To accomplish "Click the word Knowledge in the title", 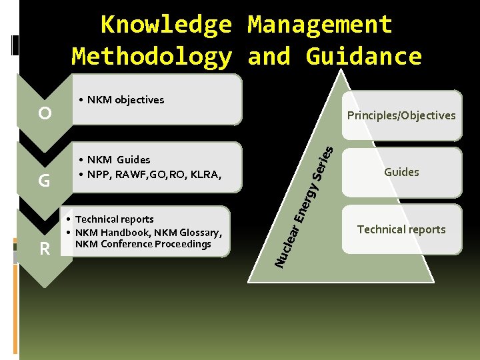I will point(166,25).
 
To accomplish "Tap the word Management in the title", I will point(320,25).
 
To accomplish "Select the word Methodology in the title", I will point(152,56).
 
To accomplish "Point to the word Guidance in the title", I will point(364,56).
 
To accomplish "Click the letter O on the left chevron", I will point(45,113).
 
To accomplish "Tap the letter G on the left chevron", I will point(45,180).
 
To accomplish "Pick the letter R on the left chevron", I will point(45,249).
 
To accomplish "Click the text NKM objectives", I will point(125,100).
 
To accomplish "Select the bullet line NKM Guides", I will point(118,159).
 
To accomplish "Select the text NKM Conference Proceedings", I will point(143,244).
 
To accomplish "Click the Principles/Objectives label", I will point(401,115).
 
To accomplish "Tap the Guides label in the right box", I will point(401,172).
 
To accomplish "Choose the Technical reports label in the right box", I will point(401,229).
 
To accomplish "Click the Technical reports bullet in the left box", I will point(114,219).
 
